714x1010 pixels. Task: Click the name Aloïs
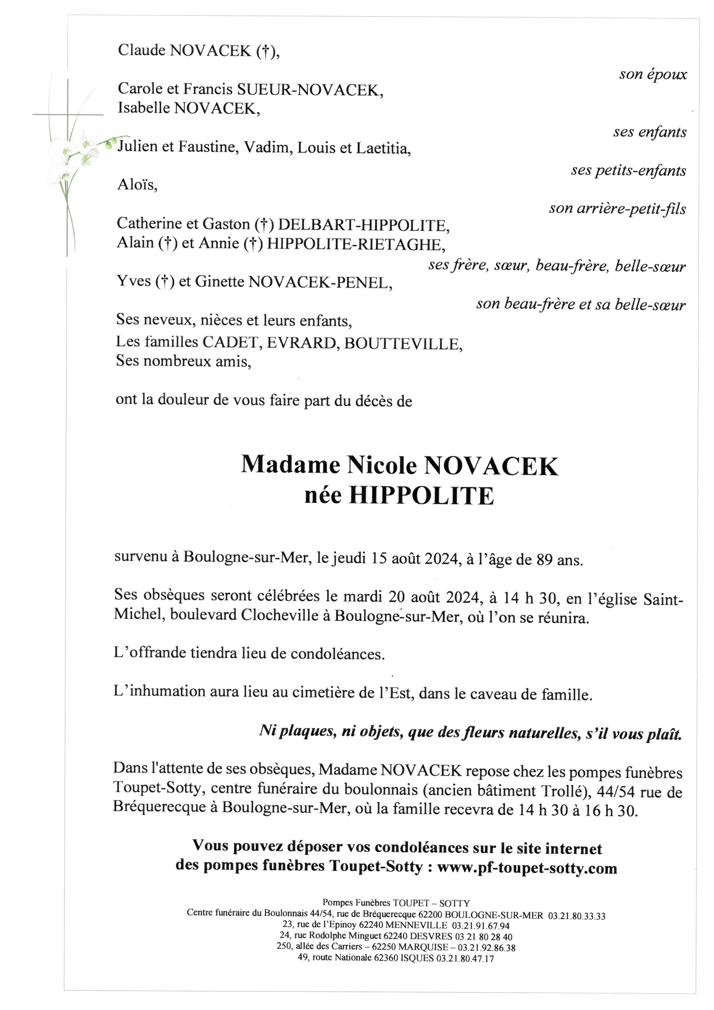137,185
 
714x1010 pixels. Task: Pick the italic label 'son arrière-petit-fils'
617,209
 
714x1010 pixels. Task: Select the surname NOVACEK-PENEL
320,282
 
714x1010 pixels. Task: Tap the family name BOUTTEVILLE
403,344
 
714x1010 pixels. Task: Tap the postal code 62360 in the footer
385,958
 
